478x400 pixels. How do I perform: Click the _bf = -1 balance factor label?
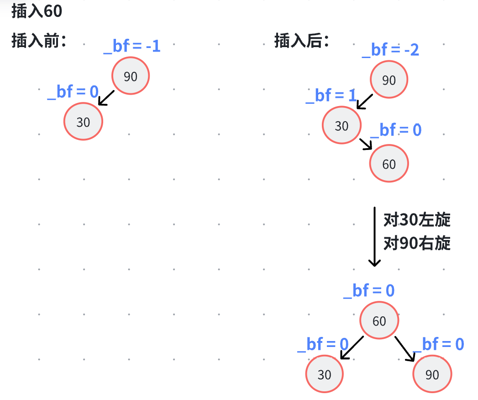132,46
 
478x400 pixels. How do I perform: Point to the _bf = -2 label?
390,50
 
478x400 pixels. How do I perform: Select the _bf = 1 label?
331,96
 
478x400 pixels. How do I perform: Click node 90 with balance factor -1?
131,76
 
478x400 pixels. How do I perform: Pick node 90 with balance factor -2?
389,80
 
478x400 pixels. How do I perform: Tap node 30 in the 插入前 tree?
83,122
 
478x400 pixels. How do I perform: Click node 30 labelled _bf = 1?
341,126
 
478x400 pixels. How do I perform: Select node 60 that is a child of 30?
389,164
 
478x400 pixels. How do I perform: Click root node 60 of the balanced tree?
379,321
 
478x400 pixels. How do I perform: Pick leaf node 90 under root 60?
432,374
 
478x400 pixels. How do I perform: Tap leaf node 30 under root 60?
324,374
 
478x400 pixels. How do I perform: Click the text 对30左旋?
417,220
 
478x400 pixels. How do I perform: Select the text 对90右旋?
417,244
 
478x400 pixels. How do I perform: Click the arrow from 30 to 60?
366,144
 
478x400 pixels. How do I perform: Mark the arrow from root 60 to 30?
352,348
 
